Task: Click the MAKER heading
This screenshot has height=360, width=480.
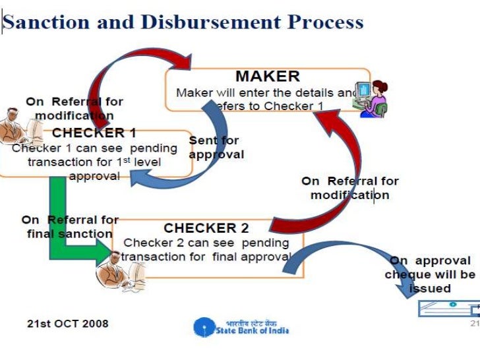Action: click(267, 76)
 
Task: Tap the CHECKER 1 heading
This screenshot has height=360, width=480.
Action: click(94, 133)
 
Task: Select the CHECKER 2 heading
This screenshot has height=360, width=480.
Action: click(206, 228)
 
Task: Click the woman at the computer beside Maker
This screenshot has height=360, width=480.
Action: click(371, 98)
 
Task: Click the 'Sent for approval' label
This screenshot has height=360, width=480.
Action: click(216, 148)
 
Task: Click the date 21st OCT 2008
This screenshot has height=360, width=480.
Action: click(68, 323)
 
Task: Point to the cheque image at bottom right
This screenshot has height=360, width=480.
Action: click(448, 308)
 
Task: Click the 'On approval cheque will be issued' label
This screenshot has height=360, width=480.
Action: click(431, 274)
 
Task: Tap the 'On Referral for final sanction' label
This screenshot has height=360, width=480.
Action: click(70, 226)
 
